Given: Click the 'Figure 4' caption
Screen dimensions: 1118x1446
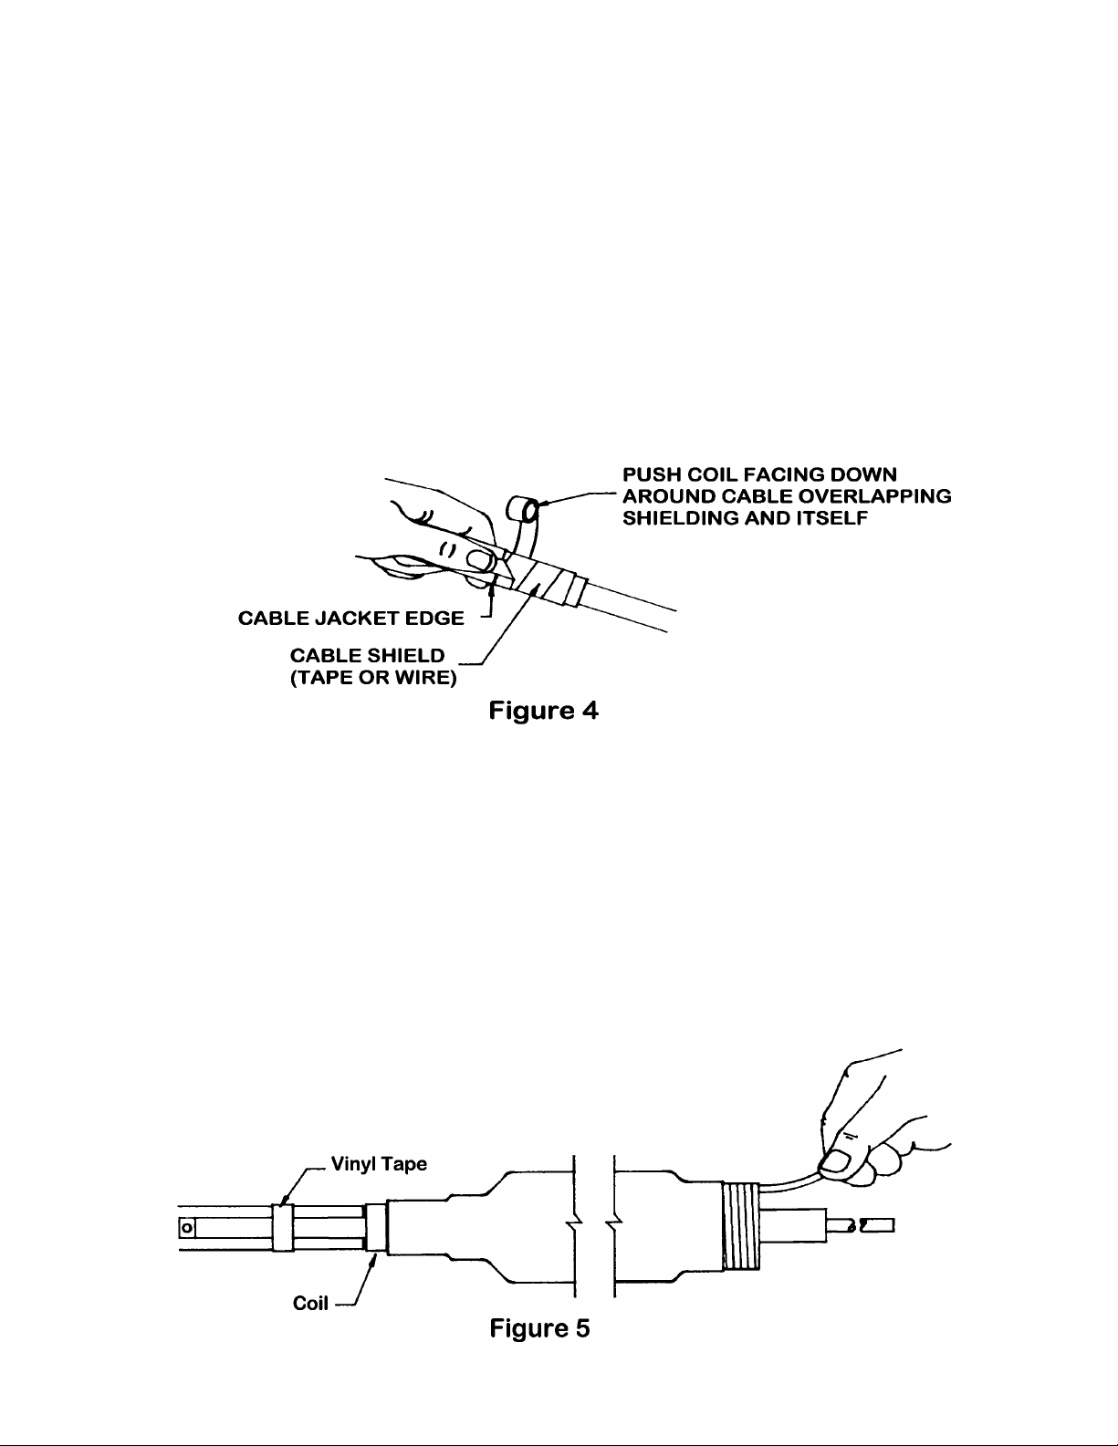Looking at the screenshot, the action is pyautogui.click(x=543, y=710).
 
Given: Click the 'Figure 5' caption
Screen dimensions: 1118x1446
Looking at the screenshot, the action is pyautogui.click(x=539, y=1327).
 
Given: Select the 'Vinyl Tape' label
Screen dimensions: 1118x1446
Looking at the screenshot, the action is pyautogui.click(x=379, y=1164).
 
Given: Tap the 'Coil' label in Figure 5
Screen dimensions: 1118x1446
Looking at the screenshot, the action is pyautogui.click(x=310, y=1303).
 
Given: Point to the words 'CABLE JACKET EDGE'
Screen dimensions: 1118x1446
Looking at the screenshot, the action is pyautogui.click(x=350, y=619).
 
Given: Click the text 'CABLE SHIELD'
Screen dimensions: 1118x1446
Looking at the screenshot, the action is pyautogui.click(x=367, y=655).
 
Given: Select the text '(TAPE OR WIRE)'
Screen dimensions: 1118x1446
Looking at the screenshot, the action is pyautogui.click(x=373, y=678).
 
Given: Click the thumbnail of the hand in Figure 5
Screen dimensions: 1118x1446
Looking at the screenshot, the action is pyautogui.click(x=836, y=1161).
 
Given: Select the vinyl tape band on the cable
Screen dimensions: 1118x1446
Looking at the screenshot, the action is pyautogui.click(x=283, y=1226).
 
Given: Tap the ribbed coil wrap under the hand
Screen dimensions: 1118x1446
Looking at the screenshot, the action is pyautogui.click(x=741, y=1226).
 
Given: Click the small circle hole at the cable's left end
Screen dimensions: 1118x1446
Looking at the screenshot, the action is pyautogui.click(x=187, y=1226).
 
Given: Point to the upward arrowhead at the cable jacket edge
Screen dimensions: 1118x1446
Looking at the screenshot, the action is pyautogui.click(x=492, y=586).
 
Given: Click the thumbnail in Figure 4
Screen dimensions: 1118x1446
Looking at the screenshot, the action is pyautogui.click(x=480, y=560).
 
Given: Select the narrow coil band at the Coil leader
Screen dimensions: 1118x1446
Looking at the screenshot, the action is pyautogui.click(x=376, y=1226).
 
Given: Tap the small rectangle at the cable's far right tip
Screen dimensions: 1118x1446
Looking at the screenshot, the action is pyautogui.click(x=878, y=1225).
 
